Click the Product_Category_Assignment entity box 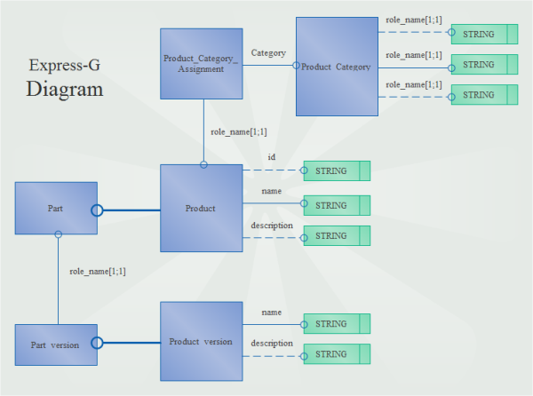pyautogui.click(x=201, y=63)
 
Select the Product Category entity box pyautogui.click(x=335, y=67)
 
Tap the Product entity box pyautogui.click(x=201, y=209)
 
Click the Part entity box pyautogui.click(x=56, y=208)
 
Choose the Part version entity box pyautogui.click(x=56, y=345)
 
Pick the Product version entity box pyautogui.click(x=201, y=342)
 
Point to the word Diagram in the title pyautogui.click(x=64, y=90)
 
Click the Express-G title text pyautogui.click(x=64, y=65)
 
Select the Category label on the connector pyautogui.click(x=268, y=53)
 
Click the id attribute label pyautogui.click(x=272, y=157)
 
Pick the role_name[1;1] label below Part pyautogui.click(x=97, y=272)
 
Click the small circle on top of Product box pyautogui.click(x=203, y=164)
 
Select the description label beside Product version pyautogui.click(x=272, y=344)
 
